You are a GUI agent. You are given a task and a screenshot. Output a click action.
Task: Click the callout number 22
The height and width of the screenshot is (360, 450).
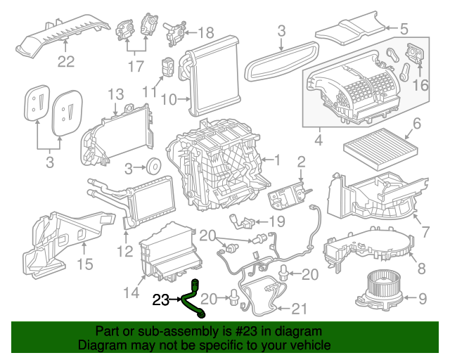[65, 62]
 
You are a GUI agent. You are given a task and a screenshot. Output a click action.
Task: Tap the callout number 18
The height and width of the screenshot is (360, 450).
[205, 32]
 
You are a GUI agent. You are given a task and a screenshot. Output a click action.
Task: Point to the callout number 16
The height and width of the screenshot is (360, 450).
[420, 85]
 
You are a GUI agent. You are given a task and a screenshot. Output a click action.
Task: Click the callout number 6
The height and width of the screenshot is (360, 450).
[416, 124]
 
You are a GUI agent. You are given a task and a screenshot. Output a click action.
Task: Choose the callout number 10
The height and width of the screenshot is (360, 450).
[167, 100]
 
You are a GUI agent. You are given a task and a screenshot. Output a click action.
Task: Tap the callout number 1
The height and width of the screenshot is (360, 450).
[276, 160]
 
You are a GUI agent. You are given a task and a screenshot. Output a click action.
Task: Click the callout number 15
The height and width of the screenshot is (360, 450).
[84, 265]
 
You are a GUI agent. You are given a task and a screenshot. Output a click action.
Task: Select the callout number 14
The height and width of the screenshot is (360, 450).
[131, 292]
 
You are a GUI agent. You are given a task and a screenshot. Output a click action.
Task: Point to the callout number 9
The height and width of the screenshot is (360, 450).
[422, 299]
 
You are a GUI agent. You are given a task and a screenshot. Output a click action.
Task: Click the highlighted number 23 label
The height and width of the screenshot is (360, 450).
[160, 301]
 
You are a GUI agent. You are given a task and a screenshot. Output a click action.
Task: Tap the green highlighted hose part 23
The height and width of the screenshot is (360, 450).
[191, 299]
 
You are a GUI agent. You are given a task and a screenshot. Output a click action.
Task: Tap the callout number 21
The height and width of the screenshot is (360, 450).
[300, 308]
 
